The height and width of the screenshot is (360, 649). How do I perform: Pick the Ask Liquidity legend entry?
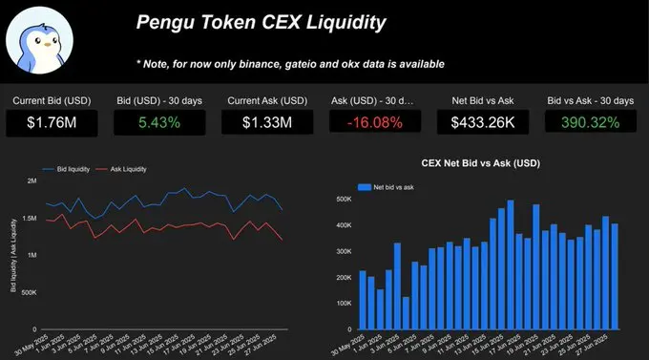[x=124, y=169]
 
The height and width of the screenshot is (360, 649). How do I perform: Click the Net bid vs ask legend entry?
[x=392, y=186]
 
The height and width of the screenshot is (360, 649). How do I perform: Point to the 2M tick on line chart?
[x=31, y=180]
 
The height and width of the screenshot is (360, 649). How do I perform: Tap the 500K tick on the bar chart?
[x=343, y=200]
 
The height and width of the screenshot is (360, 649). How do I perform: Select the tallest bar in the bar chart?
[x=511, y=264]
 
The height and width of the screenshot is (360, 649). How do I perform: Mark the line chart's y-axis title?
[x=13, y=254]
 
